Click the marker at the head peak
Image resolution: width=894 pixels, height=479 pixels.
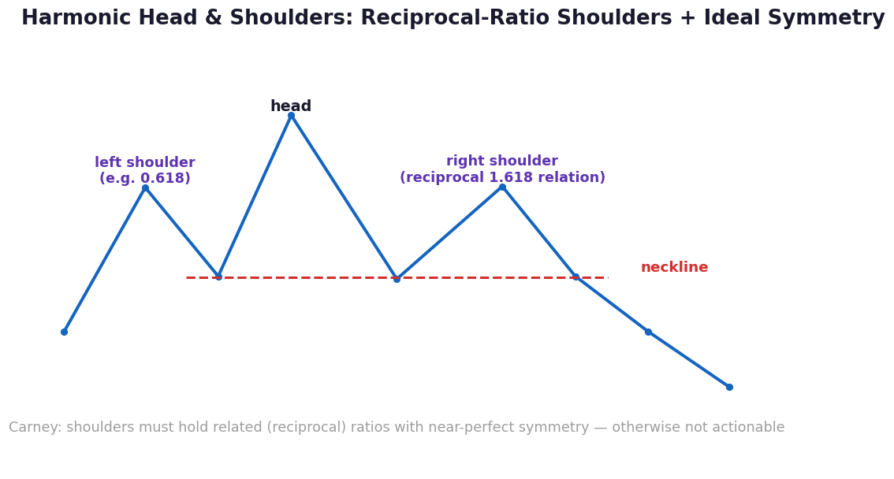291,116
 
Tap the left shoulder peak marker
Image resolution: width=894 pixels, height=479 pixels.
145,188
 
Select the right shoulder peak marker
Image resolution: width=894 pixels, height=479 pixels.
502,187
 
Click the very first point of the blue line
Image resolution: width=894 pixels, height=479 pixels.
64,332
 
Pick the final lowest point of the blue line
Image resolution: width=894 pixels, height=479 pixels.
729,388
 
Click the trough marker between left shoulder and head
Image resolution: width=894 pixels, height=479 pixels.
218,277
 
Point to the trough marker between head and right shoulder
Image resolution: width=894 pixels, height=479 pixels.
397,279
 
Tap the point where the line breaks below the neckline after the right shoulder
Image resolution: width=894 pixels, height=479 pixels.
576,277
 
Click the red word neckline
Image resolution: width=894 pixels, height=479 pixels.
675,267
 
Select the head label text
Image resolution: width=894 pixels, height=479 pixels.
291,106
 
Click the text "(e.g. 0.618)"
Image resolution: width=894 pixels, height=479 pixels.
145,178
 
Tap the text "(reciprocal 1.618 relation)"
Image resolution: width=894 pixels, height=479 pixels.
502,177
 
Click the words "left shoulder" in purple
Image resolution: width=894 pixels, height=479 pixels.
145,162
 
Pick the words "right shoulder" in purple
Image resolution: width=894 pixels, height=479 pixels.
502,162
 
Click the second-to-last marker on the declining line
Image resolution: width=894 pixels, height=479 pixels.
648,332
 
